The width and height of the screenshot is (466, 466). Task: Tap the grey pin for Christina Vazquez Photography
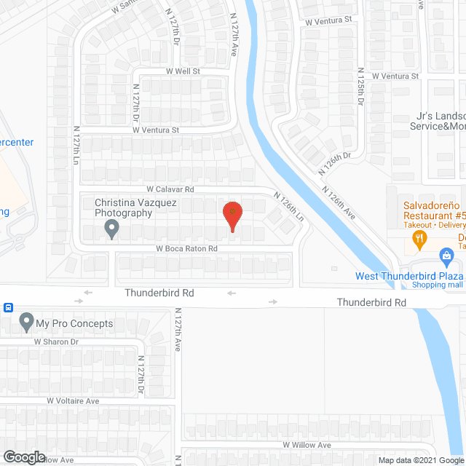click(111, 230)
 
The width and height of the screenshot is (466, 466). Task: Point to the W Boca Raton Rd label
click(186, 248)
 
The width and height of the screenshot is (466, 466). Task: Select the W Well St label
click(183, 71)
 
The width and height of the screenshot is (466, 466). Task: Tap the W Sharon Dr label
click(55, 341)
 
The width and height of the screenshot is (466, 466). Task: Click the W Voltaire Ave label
click(73, 400)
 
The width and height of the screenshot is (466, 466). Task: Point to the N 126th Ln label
click(288, 207)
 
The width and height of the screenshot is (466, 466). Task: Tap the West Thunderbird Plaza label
click(409, 276)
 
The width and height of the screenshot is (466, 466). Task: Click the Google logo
click(23, 457)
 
